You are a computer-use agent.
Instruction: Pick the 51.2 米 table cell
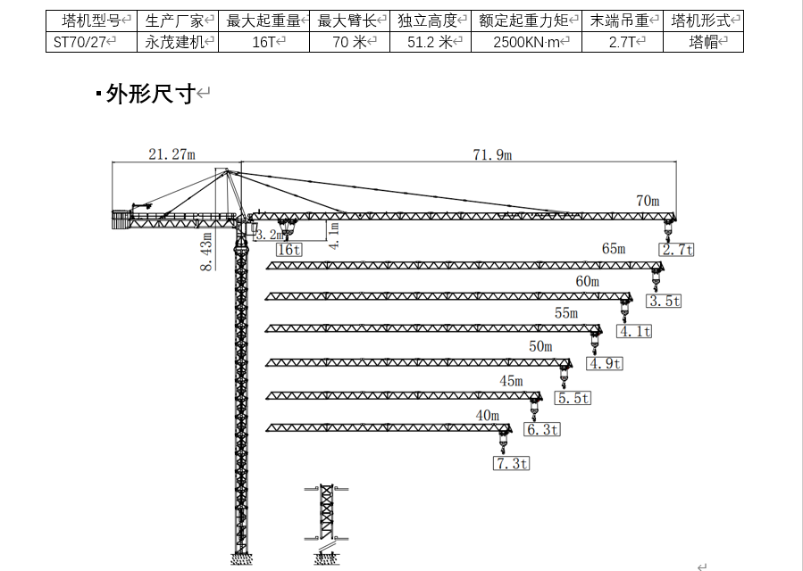(x=431, y=42)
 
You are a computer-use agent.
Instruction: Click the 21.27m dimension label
(x=171, y=154)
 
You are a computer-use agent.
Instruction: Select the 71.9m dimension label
(x=492, y=155)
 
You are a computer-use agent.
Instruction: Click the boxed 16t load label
(x=289, y=250)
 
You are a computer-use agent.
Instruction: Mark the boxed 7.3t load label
(x=511, y=463)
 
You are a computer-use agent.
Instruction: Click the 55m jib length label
(x=566, y=313)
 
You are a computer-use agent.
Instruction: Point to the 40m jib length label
(x=488, y=415)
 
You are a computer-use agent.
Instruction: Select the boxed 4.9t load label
(x=605, y=363)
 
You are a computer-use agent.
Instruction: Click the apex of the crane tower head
(x=227, y=170)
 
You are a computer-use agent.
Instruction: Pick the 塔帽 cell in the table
(x=703, y=42)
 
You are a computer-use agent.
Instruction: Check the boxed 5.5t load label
(x=573, y=398)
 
